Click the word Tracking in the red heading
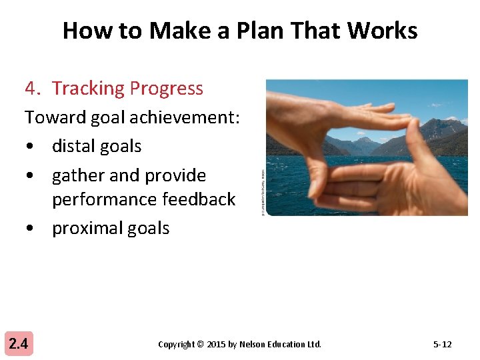[88, 88]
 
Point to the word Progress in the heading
[167, 88]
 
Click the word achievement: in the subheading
[185, 117]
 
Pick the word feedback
[201, 199]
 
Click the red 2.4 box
[19, 344]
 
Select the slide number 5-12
[442, 345]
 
